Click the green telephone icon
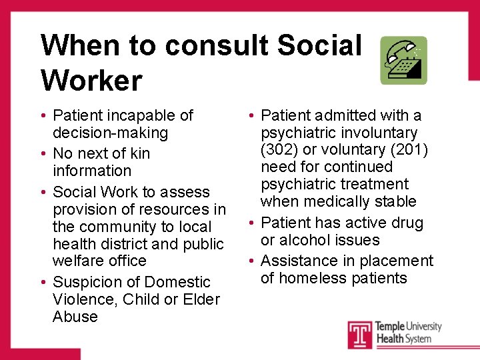[403, 60]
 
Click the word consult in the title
[216, 45]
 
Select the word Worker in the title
[91, 81]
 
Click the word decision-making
[110, 133]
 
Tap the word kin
[139, 153]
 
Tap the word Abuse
[75, 317]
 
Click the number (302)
[279, 150]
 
